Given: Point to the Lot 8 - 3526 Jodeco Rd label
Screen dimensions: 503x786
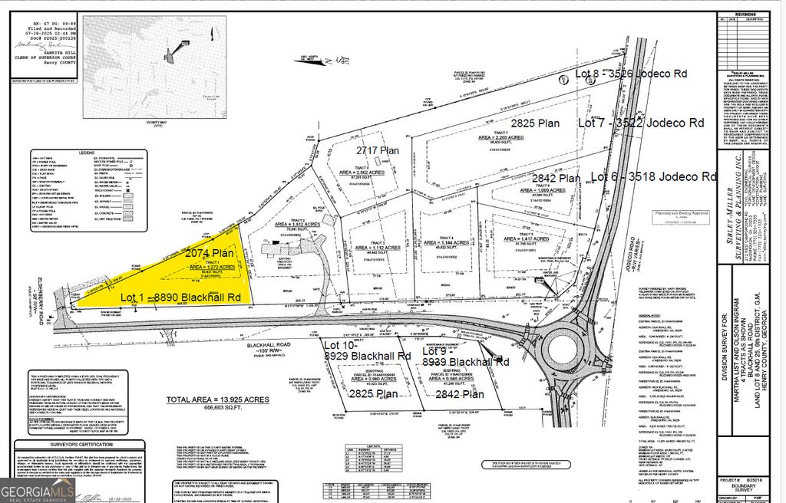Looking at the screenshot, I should (x=630, y=73).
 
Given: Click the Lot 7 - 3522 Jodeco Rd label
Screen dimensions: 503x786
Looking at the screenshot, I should (x=641, y=122).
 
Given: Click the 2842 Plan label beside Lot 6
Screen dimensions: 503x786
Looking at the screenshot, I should (x=556, y=178).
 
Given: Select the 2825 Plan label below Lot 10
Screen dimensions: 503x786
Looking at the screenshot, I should (x=374, y=394).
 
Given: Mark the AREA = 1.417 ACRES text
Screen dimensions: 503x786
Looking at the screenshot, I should (x=528, y=239).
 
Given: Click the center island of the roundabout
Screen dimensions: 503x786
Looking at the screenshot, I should (x=567, y=354).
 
